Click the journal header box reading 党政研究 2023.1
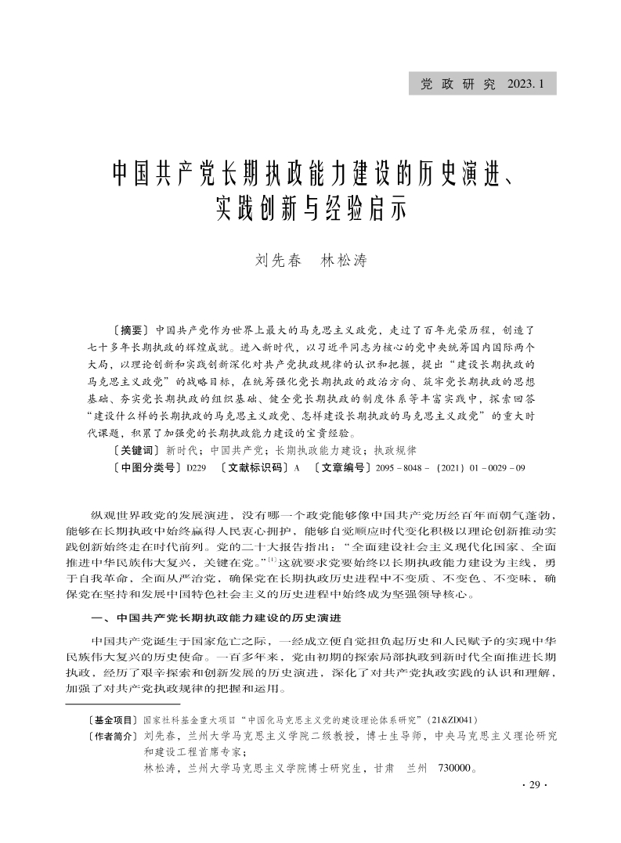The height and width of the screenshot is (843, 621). click(482, 84)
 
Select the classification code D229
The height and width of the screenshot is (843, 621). click(197, 468)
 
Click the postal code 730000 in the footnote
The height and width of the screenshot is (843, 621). click(452, 769)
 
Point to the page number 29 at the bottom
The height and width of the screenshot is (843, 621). click(535, 786)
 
